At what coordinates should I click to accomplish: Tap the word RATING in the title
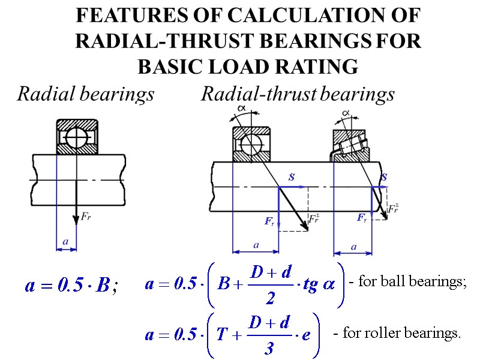[320, 67]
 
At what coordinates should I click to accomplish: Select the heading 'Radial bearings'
[86, 94]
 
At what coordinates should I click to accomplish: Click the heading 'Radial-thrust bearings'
[298, 94]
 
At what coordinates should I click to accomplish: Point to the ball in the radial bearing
[76, 137]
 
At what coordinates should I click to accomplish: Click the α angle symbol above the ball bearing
[241, 108]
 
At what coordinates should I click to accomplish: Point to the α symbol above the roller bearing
[346, 112]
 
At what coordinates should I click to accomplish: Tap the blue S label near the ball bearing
[291, 178]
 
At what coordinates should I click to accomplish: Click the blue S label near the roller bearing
[383, 178]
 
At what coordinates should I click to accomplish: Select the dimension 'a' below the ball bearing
[256, 245]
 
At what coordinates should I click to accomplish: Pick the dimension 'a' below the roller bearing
[353, 246]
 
